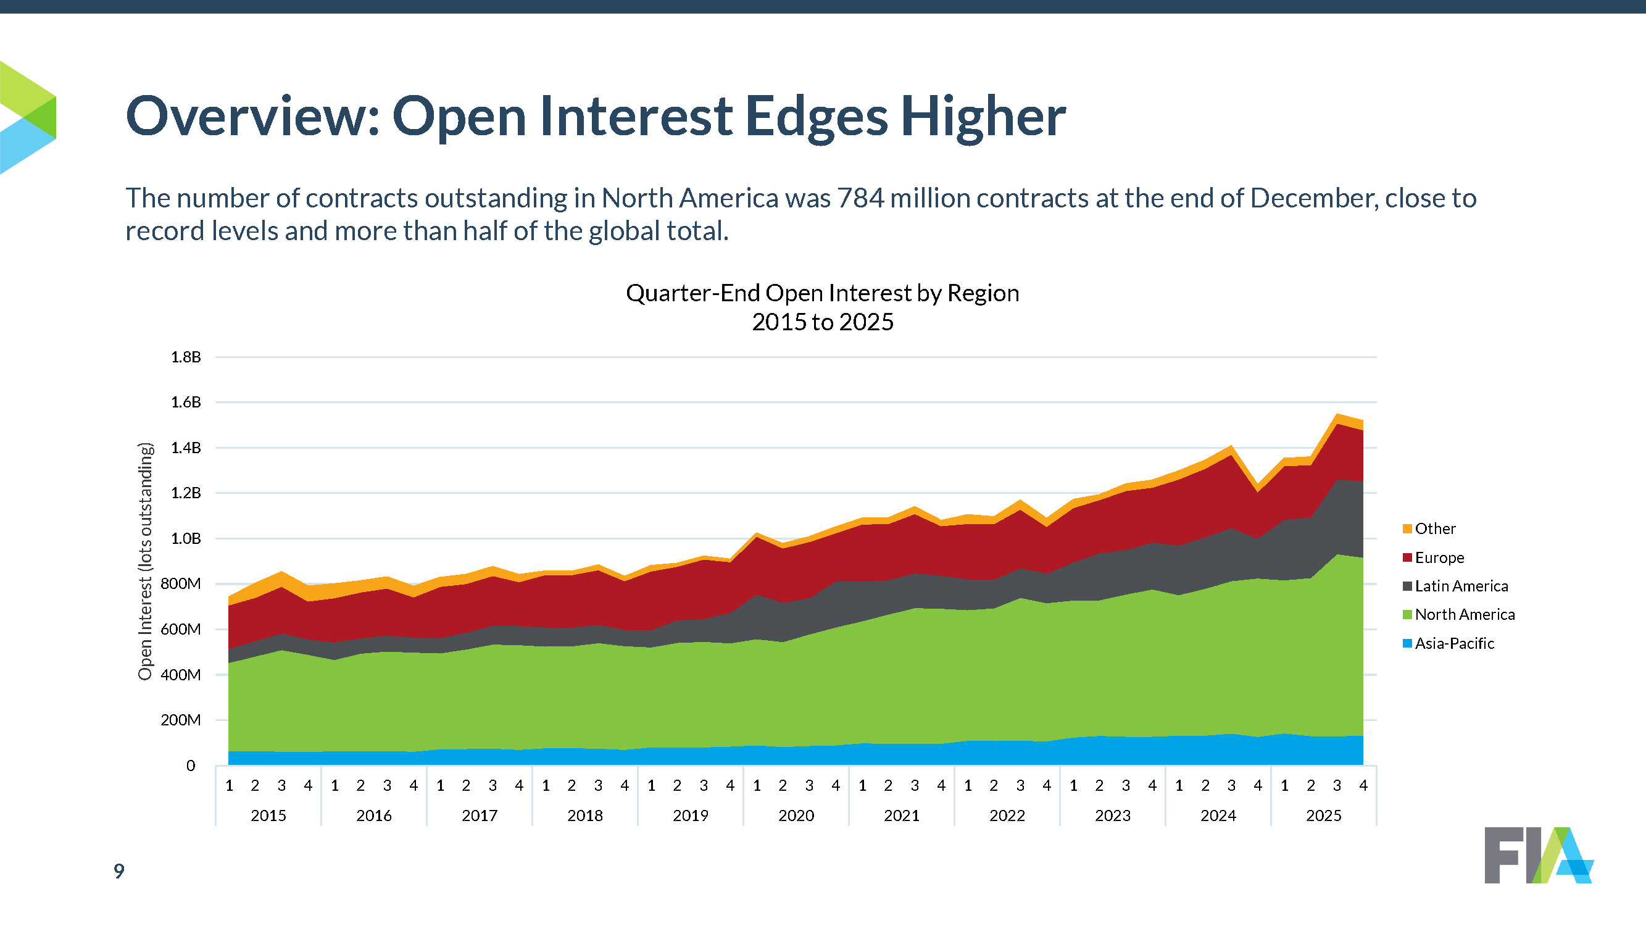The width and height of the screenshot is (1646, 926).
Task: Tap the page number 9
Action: pos(119,871)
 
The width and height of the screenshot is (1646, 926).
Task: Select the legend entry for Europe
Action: pos(1439,557)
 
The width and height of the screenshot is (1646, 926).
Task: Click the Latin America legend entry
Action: pos(1461,586)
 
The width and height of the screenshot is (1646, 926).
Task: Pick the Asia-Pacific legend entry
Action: pos(1453,643)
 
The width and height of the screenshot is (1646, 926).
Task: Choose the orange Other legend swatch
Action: pos(1407,528)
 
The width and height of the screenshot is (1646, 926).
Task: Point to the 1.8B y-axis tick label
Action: pos(185,357)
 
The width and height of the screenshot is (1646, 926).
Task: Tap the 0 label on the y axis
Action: pos(191,765)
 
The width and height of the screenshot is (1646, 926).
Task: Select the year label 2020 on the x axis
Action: pos(796,815)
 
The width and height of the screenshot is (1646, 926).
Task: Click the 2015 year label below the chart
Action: pos(268,815)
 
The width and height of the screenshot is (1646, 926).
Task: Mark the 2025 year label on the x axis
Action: pos(1324,815)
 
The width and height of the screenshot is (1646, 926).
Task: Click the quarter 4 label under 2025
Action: pos(1363,785)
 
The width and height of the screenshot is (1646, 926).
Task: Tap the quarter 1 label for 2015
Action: pos(230,785)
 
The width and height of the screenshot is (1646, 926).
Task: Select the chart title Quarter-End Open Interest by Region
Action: pos(822,293)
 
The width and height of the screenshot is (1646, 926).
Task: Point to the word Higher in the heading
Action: pos(983,117)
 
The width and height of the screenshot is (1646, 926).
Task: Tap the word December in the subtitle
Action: pos(1313,198)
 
